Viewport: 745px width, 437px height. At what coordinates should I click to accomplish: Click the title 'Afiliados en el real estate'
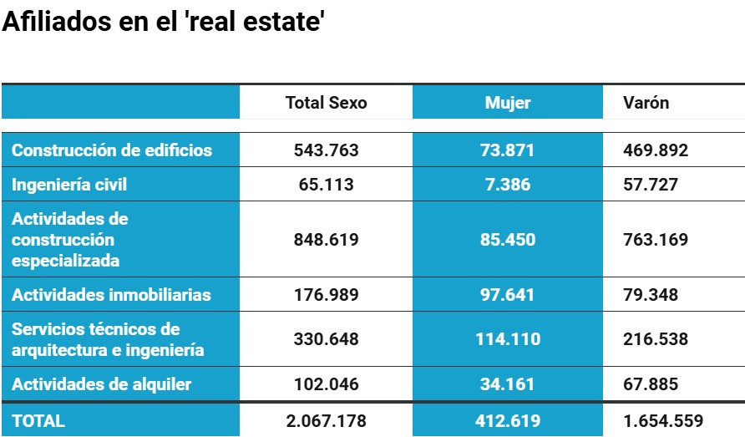(x=163, y=23)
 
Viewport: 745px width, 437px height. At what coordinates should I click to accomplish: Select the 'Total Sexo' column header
(x=326, y=103)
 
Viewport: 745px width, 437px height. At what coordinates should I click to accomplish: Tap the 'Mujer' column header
(x=508, y=103)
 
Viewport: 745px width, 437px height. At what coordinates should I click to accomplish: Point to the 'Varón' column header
(x=646, y=103)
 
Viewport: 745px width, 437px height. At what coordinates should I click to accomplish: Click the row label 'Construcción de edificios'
(x=112, y=150)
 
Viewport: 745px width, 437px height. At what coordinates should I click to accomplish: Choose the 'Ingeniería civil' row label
(x=69, y=185)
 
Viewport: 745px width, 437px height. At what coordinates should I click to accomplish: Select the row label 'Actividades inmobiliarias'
(x=111, y=295)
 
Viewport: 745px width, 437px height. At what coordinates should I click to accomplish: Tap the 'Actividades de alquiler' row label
(x=101, y=384)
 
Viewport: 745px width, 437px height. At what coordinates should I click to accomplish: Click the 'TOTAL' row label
(x=38, y=421)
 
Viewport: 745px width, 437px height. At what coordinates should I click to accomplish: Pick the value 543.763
(x=326, y=150)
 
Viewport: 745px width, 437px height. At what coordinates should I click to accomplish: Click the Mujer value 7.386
(x=508, y=185)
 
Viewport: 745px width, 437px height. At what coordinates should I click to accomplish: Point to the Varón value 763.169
(x=656, y=240)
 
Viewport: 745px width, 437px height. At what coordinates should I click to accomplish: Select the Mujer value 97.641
(x=508, y=295)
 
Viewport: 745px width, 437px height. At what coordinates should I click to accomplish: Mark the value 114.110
(x=508, y=339)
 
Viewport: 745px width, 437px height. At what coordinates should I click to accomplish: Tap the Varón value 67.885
(x=651, y=384)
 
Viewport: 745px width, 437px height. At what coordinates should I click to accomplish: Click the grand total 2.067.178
(x=326, y=421)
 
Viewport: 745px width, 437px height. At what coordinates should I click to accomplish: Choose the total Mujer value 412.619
(x=508, y=421)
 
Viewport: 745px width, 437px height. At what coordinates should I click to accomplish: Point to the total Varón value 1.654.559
(x=663, y=421)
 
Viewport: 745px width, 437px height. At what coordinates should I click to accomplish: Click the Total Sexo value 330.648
(x=326, y=339)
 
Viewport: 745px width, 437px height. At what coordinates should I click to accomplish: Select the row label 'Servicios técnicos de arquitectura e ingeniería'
(x=108, y=339)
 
